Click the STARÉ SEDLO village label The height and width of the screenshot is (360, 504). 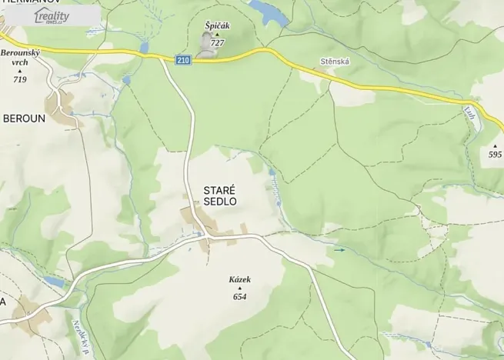220,195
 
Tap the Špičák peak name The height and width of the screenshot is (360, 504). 217,25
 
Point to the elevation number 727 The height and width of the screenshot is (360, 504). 217,43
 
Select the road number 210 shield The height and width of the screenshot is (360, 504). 182,60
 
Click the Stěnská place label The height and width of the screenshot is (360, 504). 334,60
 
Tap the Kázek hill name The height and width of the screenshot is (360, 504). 240,279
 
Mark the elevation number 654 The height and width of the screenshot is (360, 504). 240,297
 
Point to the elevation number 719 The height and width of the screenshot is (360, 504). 20,79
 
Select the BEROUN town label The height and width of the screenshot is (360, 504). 24,119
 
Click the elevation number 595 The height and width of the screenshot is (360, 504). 495,155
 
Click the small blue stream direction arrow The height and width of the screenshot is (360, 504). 339,250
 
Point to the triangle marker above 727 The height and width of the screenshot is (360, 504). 217,35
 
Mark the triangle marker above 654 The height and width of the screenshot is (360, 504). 240,288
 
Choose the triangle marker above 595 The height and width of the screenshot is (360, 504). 495,145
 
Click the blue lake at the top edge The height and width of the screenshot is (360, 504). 267,10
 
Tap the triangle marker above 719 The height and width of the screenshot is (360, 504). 20,72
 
